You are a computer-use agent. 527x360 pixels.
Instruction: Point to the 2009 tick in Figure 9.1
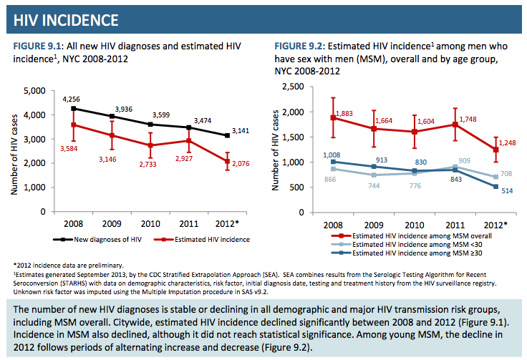click(x=111, y=223)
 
